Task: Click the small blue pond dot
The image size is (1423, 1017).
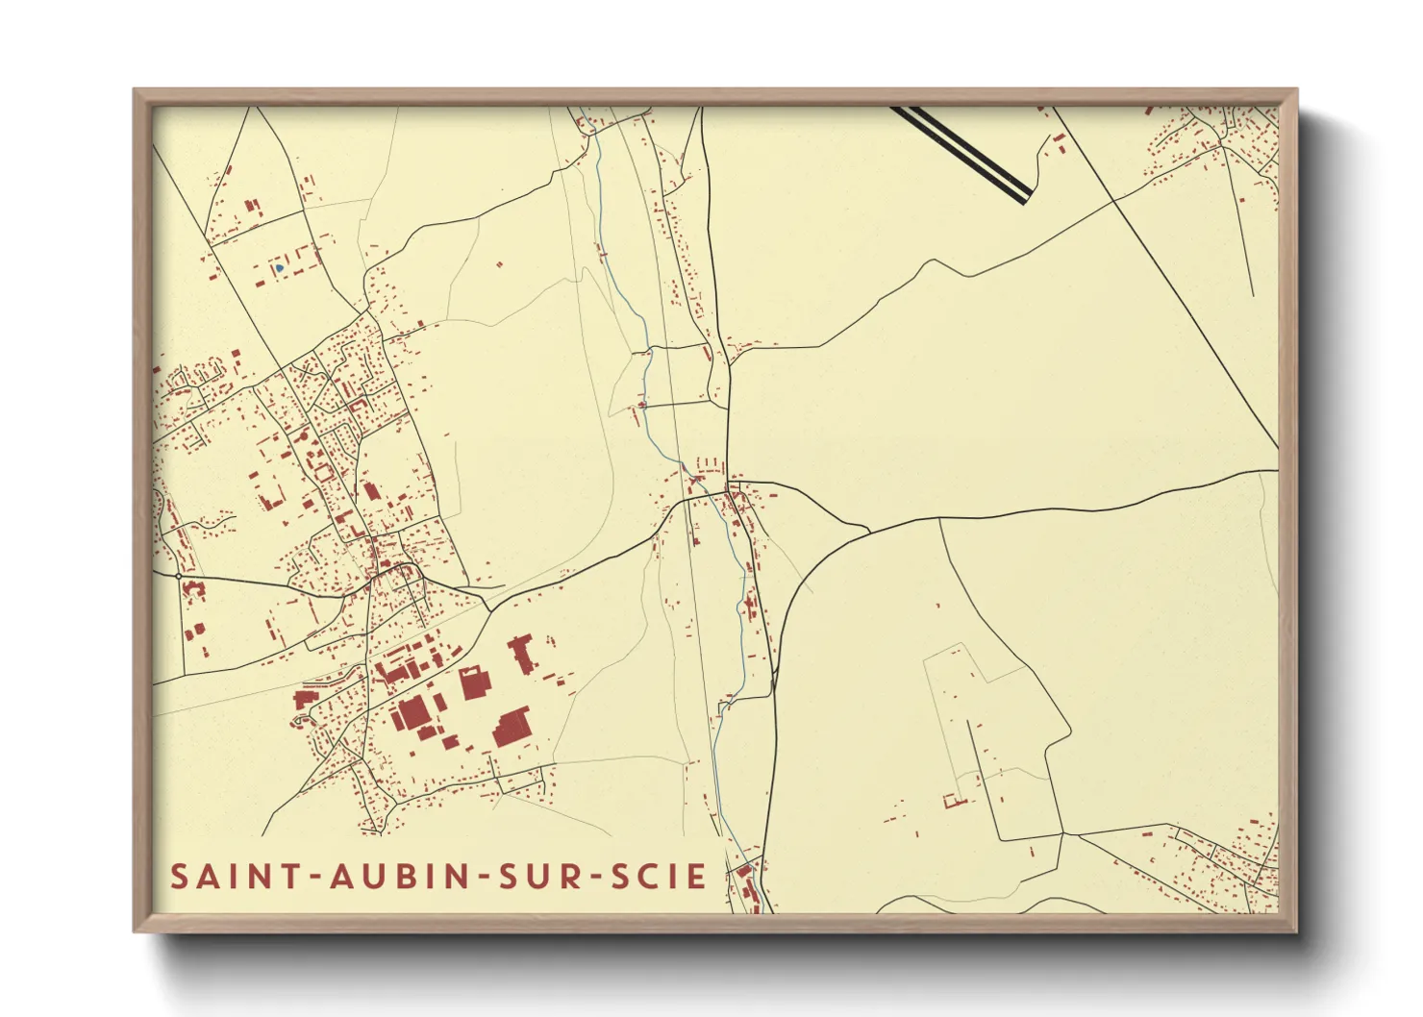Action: (278, 269)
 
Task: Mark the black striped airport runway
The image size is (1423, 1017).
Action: (961, 154)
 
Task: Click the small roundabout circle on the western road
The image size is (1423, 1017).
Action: (179, 576)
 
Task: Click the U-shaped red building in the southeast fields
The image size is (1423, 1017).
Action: (954, 801)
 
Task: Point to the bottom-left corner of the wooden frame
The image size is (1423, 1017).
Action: (136, 930)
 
